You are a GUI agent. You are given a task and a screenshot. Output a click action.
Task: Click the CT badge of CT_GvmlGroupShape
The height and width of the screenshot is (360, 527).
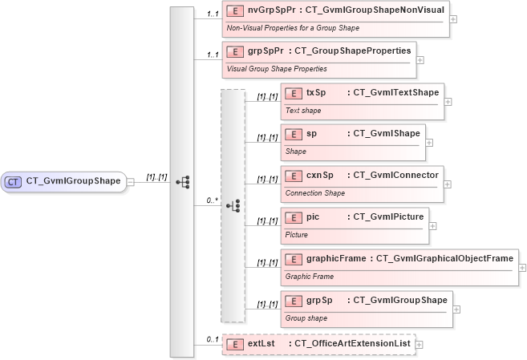coord(14,181)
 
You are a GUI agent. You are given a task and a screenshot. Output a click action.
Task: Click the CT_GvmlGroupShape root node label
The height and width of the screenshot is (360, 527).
coord(74,181)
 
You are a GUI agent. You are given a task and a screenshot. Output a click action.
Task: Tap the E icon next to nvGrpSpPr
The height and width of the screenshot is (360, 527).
coord(235,10)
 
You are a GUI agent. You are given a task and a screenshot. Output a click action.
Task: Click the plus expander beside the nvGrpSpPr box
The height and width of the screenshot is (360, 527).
coord(454,19)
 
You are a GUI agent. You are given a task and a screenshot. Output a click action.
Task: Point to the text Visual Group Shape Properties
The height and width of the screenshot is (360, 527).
coord(277,68)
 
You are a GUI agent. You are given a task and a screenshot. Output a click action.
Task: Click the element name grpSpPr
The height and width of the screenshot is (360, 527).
coord(266,51)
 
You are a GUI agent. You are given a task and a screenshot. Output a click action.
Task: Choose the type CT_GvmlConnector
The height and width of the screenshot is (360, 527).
coord(395,175)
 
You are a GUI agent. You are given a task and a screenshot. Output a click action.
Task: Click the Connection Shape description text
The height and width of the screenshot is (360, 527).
coord(315,192)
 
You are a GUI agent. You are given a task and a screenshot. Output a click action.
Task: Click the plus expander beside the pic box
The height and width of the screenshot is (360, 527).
coord(433,225)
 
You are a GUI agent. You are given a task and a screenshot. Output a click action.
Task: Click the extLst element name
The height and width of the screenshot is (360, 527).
coord(261,344)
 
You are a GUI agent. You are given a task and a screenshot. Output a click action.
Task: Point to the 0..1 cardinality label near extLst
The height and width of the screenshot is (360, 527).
coord(213,340)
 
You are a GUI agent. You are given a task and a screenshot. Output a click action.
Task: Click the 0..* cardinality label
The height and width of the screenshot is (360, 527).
coord(213,201)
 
